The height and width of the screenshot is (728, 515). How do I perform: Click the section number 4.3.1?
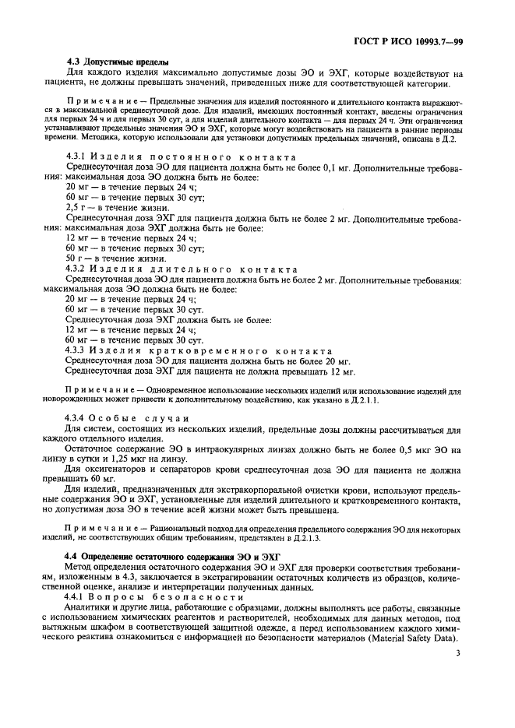[x=78, y=157]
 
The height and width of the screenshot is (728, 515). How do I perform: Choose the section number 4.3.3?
[x=78, y=351]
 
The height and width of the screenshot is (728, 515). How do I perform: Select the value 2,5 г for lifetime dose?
[x=77, y=209]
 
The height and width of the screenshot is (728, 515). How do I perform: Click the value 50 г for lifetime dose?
[x=76, y=258]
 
